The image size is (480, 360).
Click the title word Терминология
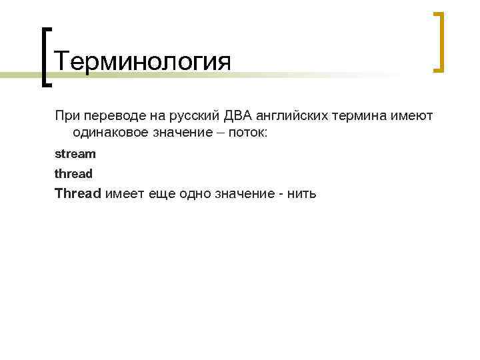143,63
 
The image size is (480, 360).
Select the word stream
75,154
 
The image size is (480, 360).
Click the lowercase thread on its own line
73,174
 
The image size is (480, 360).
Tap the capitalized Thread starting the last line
78,193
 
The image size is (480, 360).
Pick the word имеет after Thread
124,194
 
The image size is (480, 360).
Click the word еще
160,194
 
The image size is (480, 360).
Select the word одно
193,194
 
